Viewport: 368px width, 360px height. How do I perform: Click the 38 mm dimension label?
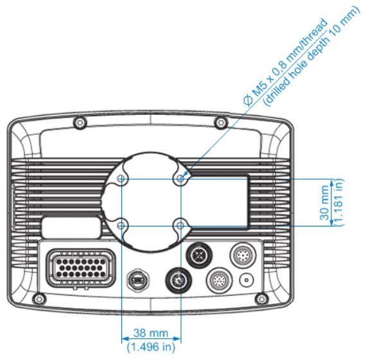(x=151, y=333)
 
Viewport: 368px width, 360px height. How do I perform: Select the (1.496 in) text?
(x=151, y=347)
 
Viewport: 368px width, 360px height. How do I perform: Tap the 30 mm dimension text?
(x=324, y=203)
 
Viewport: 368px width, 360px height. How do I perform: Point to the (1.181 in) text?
(x=338, y=202)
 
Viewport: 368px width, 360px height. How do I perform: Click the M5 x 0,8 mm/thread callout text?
(x=285, y=62)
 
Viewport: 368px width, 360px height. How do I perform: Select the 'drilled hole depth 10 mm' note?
(x=311, y=56)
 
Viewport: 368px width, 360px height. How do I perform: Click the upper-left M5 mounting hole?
(x=121, y=179)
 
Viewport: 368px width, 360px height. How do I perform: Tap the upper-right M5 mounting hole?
(x=180, y=179)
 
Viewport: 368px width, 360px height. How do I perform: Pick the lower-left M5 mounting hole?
(x=121, y=226)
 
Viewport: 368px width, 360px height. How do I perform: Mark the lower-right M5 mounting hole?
(x=180, y=226)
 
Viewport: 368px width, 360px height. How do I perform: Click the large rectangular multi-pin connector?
(x=81, y=268)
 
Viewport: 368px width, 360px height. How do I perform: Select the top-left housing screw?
(x=80, y=123)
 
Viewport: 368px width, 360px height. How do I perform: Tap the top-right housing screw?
(x=221, y=123)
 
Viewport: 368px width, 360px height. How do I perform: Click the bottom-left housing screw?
(x=39, y=299)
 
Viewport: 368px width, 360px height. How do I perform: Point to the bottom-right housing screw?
(x=261, y=299)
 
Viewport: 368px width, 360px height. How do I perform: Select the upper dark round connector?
(x=199, y=255)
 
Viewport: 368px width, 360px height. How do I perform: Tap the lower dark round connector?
(x=179, y=280)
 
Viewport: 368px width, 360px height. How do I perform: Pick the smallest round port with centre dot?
(x=247, y=280)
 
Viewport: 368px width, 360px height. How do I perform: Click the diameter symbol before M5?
(x=248, y=101)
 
